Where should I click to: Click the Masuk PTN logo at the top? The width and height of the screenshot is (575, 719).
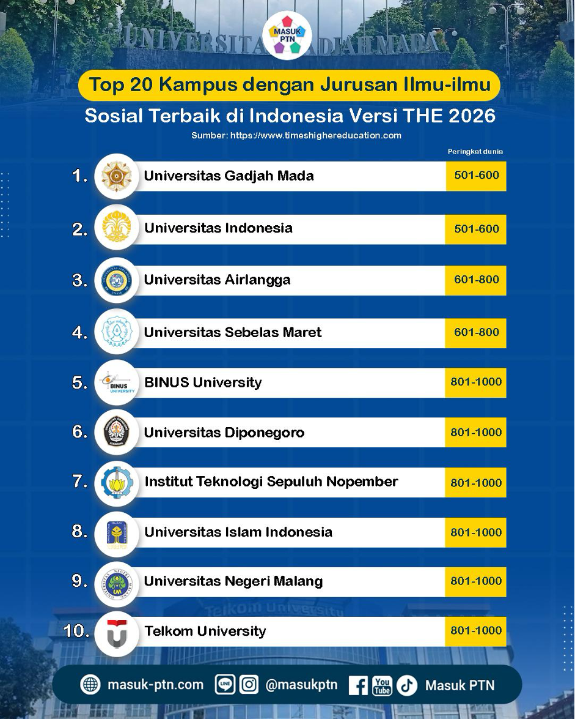pos(287,35)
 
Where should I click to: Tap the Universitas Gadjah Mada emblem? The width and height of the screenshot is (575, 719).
pos(116,176)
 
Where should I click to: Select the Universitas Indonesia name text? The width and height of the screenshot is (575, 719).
pos(218,228)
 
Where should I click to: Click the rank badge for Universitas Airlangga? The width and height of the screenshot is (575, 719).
pos(475,280)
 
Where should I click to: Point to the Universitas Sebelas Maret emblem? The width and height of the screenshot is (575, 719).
pos(116,332)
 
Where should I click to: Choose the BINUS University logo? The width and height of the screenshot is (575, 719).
pos(117,383)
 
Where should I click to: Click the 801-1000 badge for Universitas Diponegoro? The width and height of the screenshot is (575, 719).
pos(475,432)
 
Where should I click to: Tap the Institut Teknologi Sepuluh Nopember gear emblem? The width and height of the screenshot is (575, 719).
pos(116,482)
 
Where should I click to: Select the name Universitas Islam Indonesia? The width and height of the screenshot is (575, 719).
pos(238,532)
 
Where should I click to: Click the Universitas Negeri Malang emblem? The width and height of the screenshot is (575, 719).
pos(116,583)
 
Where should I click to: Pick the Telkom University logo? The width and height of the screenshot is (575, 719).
pos(116,634)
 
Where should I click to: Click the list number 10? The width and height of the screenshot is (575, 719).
pos(76,631)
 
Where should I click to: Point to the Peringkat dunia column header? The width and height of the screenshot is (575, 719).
pos(475,152)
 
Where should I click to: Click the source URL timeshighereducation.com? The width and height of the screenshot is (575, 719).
pos(316,135)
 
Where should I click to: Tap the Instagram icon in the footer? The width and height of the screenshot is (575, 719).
pos(249,685)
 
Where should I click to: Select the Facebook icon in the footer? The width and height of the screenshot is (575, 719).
pos(358,685)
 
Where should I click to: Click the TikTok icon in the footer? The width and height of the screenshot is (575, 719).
pos(406,685)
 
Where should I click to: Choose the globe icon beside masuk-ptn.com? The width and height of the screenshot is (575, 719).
pos(90,685)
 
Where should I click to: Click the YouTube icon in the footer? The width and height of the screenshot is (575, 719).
pos(382,685)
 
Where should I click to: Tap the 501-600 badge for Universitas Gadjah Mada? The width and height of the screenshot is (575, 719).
pos(475,176)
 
